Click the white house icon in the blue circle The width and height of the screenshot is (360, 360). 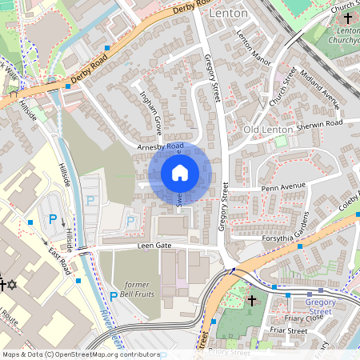click(180, 172)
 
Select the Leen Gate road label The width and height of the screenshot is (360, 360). click(155, 246)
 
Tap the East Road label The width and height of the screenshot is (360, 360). click(59, 261)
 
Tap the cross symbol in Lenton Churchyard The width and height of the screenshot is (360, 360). click(347, 18)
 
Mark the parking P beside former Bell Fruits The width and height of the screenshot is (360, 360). click(113, 296)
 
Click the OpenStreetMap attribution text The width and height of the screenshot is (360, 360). click(80, 354)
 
